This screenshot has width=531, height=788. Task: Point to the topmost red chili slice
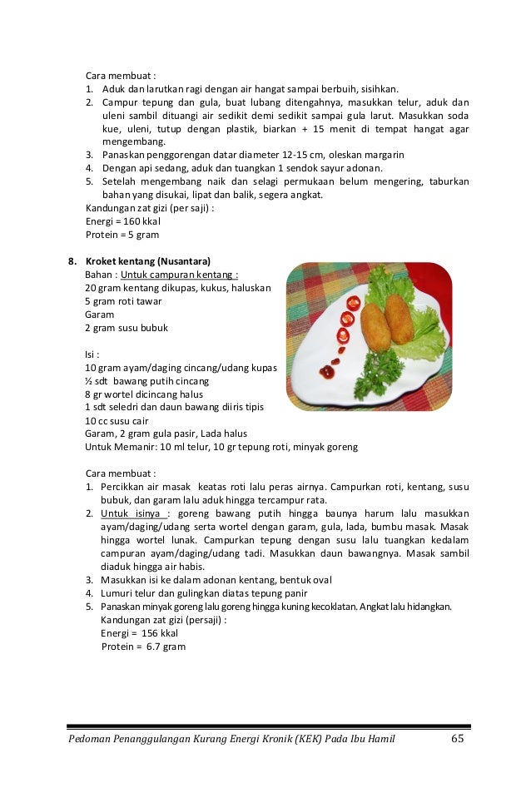tap(353, 303)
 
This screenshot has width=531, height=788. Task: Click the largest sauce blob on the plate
tap(327, 372)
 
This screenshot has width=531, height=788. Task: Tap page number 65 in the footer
tap(457, 740)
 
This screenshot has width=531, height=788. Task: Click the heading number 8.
tap(72, 260)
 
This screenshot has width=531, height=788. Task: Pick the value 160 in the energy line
tap(130, 221)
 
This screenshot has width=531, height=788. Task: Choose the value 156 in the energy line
tap(150, 633)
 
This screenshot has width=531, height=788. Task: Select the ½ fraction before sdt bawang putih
tap(89, 380)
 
